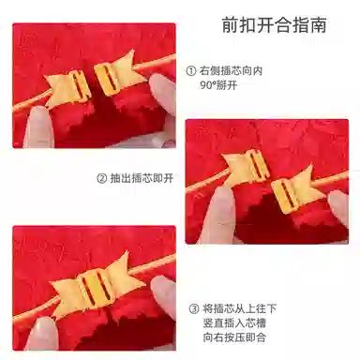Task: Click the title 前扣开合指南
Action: pyautogui.click(x=275, y=25)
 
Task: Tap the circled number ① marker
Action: pyautogui.click(x=191, y=71)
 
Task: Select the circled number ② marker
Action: pyautogui.click(x=102, y=179)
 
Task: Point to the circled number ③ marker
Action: pyautogui.click(x=194, y=309)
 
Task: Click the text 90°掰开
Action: pyautogui.click(x=218, y=85)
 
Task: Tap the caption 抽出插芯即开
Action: pyautogui.click(x=142, y=179)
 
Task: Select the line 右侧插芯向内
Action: pyautogui.click(x=231, y=71)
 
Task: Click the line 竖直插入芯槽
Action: pyautogui.click(x=234, y=323)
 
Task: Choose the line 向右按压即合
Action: pyautogui.click(x=234, y=337)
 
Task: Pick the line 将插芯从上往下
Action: pyautogui.click(x=240, y=309)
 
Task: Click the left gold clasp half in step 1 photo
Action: pyautogui.click(x=68, y=88)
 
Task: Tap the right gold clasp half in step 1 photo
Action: pyautogui.click(x=118, y=74)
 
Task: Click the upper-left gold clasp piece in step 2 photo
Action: pyautogui.click(x=246, y=166)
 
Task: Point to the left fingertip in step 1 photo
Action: pyautogui.click(x=38, y=127)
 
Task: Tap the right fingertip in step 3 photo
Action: pyautogui.click(x=164, y=295)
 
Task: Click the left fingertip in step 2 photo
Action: pyautogui.click(x=220, y=214)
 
